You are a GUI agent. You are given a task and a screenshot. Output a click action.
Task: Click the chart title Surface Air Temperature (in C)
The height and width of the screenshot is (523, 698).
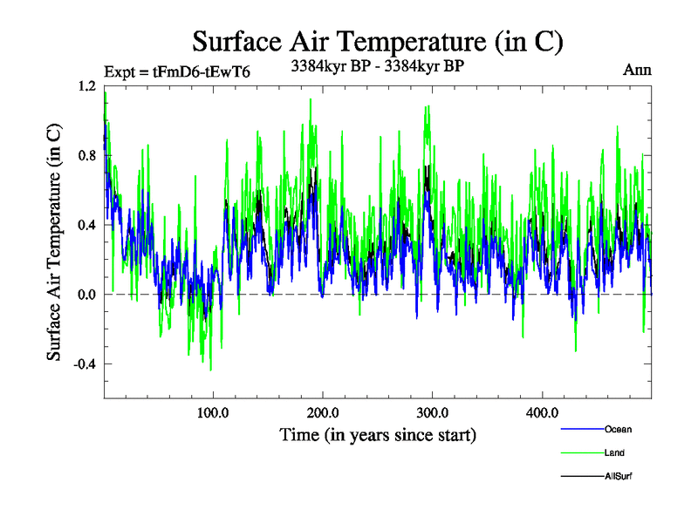pos(378,41)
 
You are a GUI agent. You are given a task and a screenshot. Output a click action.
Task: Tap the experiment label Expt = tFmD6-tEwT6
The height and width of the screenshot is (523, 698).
pos(177,72)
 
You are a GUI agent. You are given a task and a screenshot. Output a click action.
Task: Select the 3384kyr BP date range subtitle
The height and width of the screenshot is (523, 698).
pos(377,65)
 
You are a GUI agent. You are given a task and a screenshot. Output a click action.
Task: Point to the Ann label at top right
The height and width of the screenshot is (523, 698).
pos(637,70)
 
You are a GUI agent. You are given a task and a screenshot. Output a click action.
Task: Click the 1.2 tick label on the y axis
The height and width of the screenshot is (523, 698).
pos(86,86)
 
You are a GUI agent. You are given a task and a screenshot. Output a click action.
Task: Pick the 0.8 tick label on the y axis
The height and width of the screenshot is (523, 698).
pos(86,155)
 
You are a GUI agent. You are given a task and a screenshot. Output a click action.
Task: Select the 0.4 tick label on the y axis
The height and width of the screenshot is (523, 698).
pos(86,225)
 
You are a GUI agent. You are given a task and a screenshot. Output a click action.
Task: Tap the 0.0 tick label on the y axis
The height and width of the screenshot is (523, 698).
pos(86,295)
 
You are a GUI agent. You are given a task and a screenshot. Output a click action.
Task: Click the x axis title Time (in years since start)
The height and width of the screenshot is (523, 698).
pos(378,434)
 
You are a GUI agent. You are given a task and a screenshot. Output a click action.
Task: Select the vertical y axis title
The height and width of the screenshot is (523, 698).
pos(54,242)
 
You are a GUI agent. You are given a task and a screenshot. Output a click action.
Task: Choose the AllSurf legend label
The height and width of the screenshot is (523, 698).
pos(619,476)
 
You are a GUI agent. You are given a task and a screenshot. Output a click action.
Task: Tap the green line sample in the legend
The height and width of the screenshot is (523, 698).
pos(580,452)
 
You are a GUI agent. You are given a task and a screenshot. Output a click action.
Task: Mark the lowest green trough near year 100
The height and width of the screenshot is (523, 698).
pos(210,370)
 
